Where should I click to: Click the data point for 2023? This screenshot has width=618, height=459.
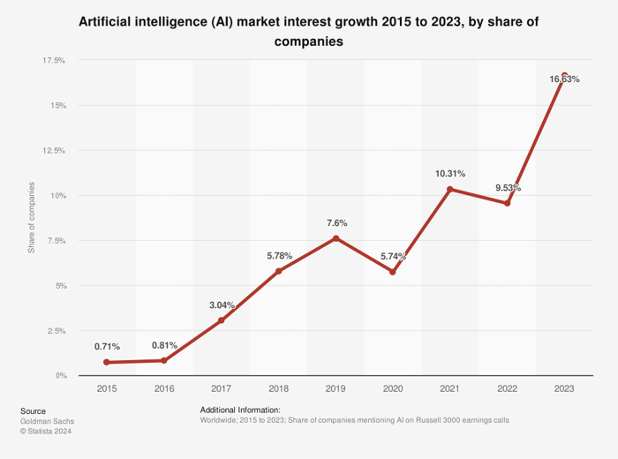[x=564, y=76]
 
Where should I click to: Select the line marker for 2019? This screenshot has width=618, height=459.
[x=335, y=238]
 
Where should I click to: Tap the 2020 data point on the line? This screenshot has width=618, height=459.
[x=393, y=272]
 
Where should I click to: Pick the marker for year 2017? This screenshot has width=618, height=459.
[x=222, y=320]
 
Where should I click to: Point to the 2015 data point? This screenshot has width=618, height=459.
[x=107, y=362]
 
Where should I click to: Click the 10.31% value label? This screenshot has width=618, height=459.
[x=450, y=174]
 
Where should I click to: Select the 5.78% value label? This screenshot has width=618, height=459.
[x=279, y=256]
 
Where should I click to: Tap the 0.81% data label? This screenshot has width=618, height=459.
[x=164, y=345]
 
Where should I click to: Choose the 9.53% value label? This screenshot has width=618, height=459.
[x=507, y=188]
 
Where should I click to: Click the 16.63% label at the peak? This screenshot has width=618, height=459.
[x=564, y=79]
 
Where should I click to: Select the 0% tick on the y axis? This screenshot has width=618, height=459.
[x=60, y=375]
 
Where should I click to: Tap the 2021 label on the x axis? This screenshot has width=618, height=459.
[x=450, y=388]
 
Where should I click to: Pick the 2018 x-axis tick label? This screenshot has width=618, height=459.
[x=279, y=388]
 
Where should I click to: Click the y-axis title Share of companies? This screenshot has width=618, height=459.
[x=32, y=218]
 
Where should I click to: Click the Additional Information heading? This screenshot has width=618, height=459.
[x=240, y=410]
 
